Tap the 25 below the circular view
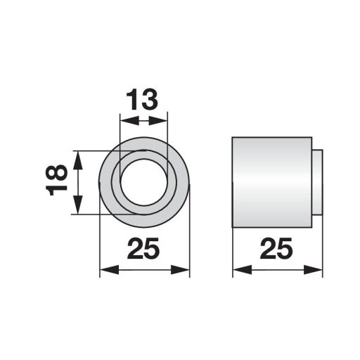pos(145,249)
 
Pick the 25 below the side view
pos(278,249)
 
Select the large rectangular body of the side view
pos(271,182)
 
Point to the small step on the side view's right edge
pos(317,182)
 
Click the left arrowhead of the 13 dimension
pos(124,121)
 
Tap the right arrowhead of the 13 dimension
pos(165,121)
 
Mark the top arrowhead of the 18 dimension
pos(78,155)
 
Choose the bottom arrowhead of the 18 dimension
pos(78,210)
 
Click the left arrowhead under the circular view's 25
pos(105,270)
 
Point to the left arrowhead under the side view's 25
pos(238,270)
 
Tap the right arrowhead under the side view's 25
pos(318,270)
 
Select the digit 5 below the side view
pos(288,249)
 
